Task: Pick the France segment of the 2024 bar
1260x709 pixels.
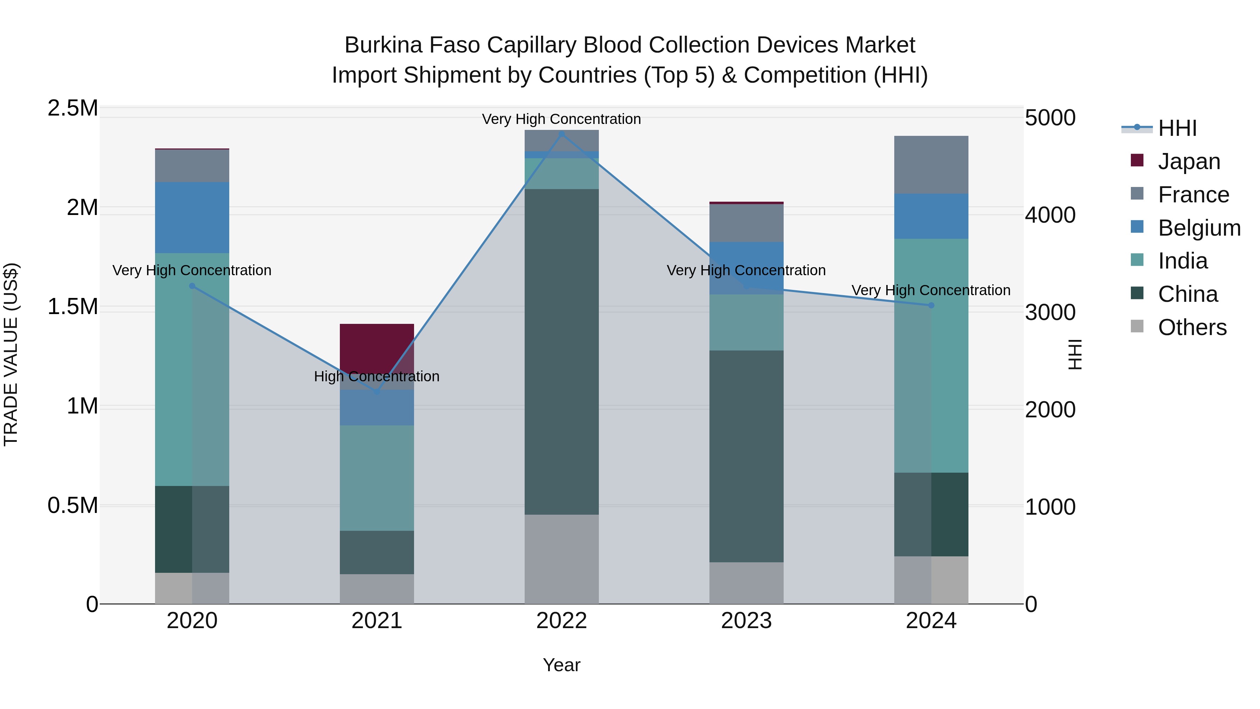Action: [x=931, y=165]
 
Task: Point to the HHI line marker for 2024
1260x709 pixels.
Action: [x=931, y=305]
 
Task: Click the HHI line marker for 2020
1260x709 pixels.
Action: [x=192, y=286]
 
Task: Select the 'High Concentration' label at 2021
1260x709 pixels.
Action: [x=377, y=376]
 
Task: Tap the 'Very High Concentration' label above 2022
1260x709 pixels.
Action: [x=561, y=119]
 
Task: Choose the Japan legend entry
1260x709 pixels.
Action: [x=1189, y=161]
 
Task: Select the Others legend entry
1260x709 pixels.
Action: [x=1192, y=327]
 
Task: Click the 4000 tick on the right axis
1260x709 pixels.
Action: [x=1050, y=215]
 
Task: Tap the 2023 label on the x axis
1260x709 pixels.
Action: [x=746, y=621]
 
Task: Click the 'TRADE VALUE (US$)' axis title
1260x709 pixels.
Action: [x=11, y=354]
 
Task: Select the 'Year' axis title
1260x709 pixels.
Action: [x=561, y=665]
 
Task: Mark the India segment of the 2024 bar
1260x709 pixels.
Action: [x=931, y=355]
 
